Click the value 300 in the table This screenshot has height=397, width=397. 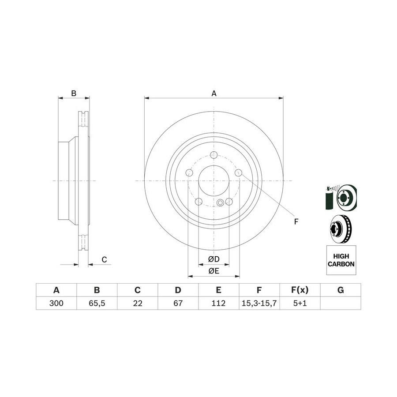(x=56, y=303)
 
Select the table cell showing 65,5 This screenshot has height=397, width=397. (x=97, y=303)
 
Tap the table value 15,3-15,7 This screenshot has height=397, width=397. (x=259, y=303)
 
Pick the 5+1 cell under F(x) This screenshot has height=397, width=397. (x=300, y=303)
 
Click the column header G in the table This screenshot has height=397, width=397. (x=341, y=290)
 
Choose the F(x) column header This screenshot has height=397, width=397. (x=300, y=290)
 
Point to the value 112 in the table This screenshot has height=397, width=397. (x=218, y=303)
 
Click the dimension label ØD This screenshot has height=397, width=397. (x=213, y=259)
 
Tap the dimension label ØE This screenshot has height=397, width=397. (x=213, y=271)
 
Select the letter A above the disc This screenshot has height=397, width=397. (x=214, y=94)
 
